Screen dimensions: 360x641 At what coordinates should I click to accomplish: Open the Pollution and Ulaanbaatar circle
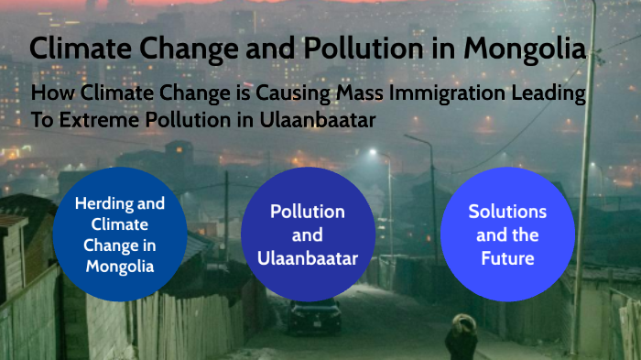(x=308, y=235)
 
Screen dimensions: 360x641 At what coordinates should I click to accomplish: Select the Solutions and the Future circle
(x=507, y=235)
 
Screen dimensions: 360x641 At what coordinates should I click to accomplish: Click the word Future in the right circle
(x=507, y=258)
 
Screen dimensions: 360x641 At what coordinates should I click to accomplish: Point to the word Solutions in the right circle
(x=507, y=212)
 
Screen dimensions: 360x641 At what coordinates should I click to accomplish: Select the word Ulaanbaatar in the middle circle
(x=308, y=258)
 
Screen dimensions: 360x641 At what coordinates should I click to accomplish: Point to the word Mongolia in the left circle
(x=120, y=267)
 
